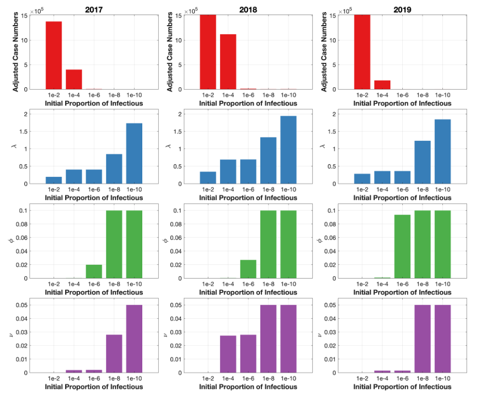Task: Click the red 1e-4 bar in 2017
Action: tap(74, 79)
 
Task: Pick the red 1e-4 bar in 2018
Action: tap(228, 62)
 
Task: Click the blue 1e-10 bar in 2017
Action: tap(134, 153)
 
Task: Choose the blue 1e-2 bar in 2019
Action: tap(362, 178)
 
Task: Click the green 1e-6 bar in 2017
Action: tap(94, 271)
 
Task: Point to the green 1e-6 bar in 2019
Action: tap(402, 246)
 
